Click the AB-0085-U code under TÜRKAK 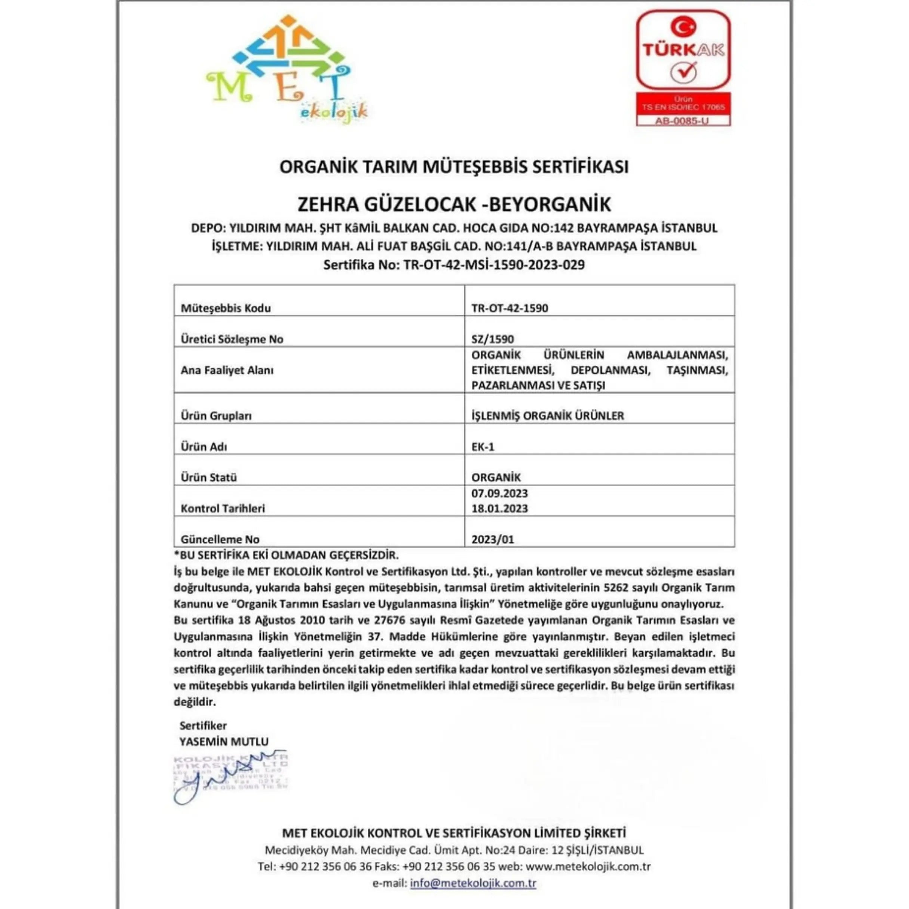(x=683, y=121)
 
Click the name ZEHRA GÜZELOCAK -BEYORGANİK (x=454, y=204)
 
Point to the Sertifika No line (x=454, y=265)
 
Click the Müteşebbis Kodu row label (x=226, y=308)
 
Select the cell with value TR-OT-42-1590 (x=509, y=308)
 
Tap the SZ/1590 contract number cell (x=493, y=339)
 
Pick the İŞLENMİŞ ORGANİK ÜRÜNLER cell (x=548, y=416)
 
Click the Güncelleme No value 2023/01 (x=493, y=539)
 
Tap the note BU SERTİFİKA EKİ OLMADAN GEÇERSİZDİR (x=286, y=555)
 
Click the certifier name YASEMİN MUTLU (x=224, y=742)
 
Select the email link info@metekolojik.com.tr (x=473, y=883)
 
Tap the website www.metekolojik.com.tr (x=588, y=866)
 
